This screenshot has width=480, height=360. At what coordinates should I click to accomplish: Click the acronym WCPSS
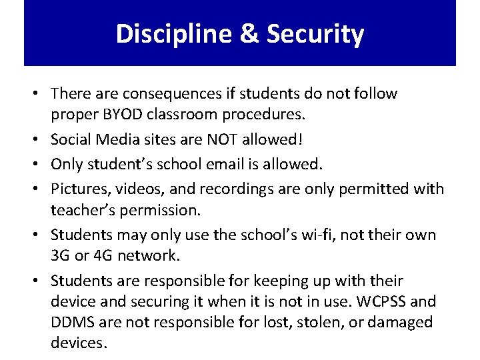point(393,301)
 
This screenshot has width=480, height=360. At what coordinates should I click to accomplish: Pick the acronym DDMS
point(73,323)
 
